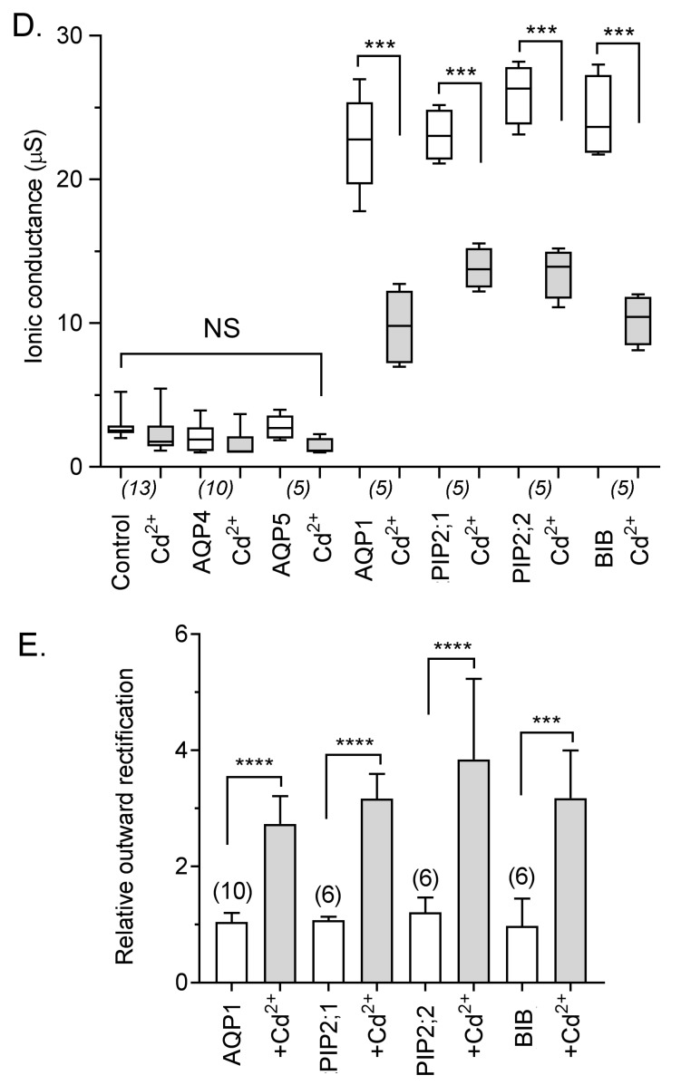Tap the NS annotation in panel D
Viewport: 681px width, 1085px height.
tap(221, 329)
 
